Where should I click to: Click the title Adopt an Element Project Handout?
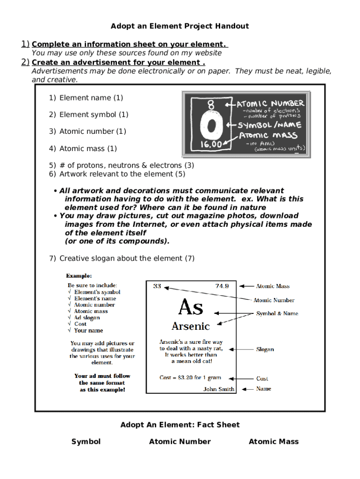pyautogui.click(x=180, y=26)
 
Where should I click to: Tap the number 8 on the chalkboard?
pyautogui.click(x=211, y=105)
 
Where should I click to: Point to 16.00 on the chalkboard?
pyautogui.click(x=211, y=145)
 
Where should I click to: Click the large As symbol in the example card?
pyautogui.click(x=191, y=307)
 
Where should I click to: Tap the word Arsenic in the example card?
pyautogui.click(x=191, y=326)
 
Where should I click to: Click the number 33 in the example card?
pyautogui.click(x=157, y=286)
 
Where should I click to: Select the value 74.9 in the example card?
pyautogui.click(x=222, y=286)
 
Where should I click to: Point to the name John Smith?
pyautogui.click(x=219, y=389)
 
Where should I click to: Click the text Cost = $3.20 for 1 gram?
pyautogui.click(x=190, y=377)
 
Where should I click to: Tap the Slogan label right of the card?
pyautogui.click(x=265, y=349)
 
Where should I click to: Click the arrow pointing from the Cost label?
pyautogui.click(x=245, y=378)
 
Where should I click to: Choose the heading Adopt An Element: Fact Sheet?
pyautogui.click(x=180, y=425)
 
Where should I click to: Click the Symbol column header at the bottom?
pyautogui.click(x=86, y=442)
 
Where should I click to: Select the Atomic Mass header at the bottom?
pyautogui.click(x=274, y=442)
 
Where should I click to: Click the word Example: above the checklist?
pyautogui.click(x=79, y=276)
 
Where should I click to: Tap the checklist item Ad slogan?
pyautogui.click(x=86, y=318)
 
